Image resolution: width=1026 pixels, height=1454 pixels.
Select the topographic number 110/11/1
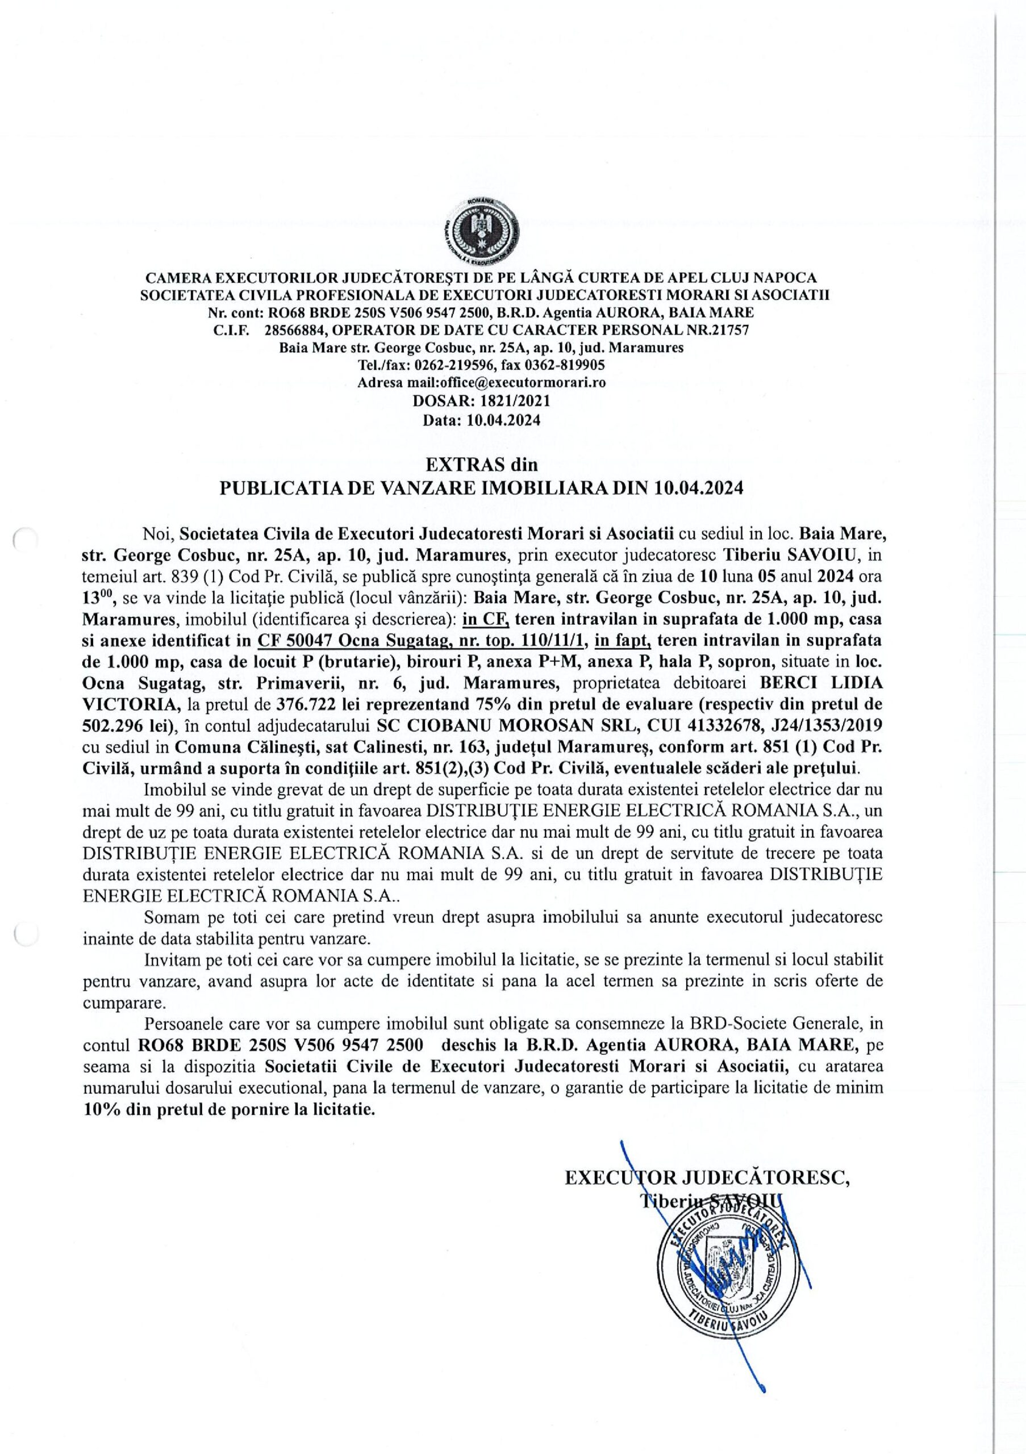coord(556,641)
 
